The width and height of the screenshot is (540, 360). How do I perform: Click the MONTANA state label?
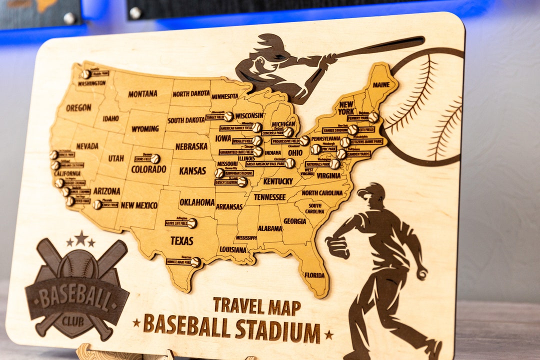142,93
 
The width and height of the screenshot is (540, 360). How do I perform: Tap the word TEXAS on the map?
181,240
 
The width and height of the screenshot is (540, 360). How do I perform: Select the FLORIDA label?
314,275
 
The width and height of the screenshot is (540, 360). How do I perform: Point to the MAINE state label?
381,85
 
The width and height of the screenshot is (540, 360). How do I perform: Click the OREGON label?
78,107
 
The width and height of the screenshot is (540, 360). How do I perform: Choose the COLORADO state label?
148,169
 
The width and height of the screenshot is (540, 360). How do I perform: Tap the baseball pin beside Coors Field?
155,158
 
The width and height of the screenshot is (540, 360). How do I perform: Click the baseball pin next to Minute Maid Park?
195,262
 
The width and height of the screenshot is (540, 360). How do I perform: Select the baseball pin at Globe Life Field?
192,223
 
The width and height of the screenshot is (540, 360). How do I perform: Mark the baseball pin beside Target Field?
228,116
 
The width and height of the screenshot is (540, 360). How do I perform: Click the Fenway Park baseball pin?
373,117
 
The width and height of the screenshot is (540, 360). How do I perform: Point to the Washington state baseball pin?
86,74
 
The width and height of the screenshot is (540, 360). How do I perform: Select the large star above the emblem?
80,237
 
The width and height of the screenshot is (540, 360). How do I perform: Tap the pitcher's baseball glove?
337,247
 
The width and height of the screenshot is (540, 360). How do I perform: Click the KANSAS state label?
192,170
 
